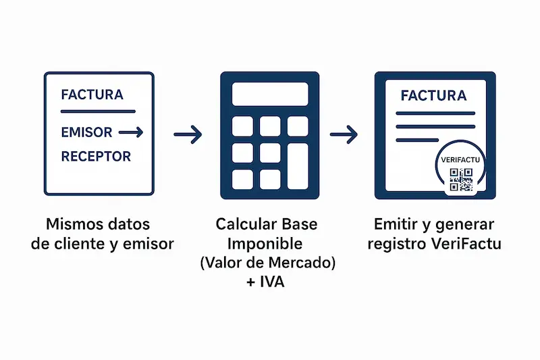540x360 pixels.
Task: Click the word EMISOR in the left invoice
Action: [x=86, y=132]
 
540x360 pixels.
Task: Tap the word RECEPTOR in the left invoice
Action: [x=96, y=157]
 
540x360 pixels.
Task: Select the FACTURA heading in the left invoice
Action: [x=92, y=95]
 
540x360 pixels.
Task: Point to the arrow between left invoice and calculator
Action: [x=188, y=135]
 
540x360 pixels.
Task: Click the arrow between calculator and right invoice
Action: [x=344, y=135]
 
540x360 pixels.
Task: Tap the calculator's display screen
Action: [x=270, y=94]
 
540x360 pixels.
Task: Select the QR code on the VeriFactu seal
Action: [x=462, y=180]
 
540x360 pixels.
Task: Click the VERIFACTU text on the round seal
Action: [x=462, y=160]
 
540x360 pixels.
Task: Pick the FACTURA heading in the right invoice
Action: [x=433, y=95]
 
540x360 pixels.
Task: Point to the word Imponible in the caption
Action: [x=265, y=243]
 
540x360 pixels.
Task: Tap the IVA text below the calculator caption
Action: [x=271, y=282]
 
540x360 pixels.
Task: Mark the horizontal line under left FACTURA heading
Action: [x=99, y=111]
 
